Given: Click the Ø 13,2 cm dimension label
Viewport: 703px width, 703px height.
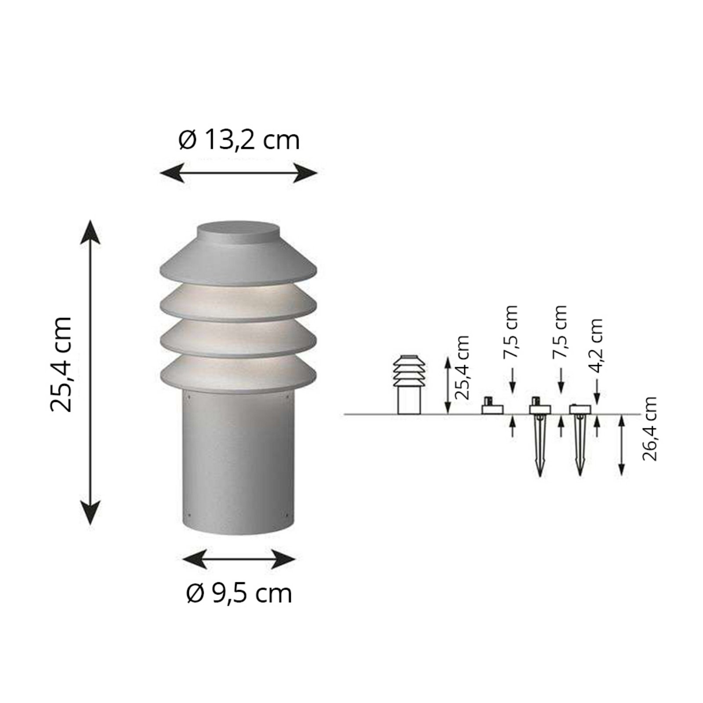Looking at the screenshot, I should click(x=239, y=140).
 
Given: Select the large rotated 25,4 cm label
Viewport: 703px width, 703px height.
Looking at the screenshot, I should click(x=61, y=363).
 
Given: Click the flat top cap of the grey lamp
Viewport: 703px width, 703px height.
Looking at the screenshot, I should click(x=239, y=230).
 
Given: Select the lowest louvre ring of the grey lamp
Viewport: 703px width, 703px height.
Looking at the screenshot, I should click(x=239, y=373).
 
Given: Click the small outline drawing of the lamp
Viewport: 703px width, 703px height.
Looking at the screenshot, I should click(x=409, y=384).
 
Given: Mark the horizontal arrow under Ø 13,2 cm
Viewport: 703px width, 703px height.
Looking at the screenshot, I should click(x=239, y=172).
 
